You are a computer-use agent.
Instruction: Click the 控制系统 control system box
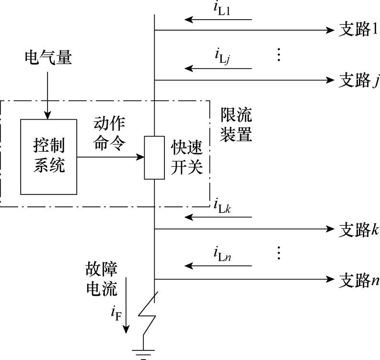pos(48,157)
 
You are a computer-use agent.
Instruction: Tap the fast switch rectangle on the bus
pos(154,157)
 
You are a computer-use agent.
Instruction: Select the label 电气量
pos(47,59)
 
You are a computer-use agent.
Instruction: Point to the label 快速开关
pos(187,157)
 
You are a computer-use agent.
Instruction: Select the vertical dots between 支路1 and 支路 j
pos(279,54)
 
